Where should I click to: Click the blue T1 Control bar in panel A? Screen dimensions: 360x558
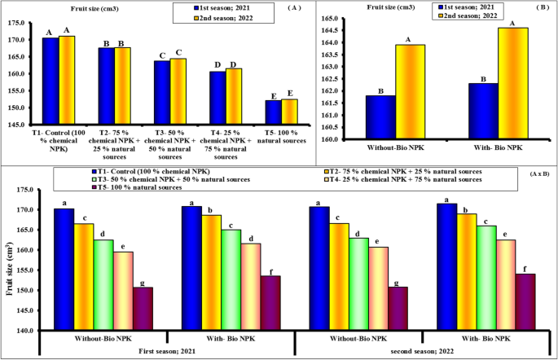(49, 81)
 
